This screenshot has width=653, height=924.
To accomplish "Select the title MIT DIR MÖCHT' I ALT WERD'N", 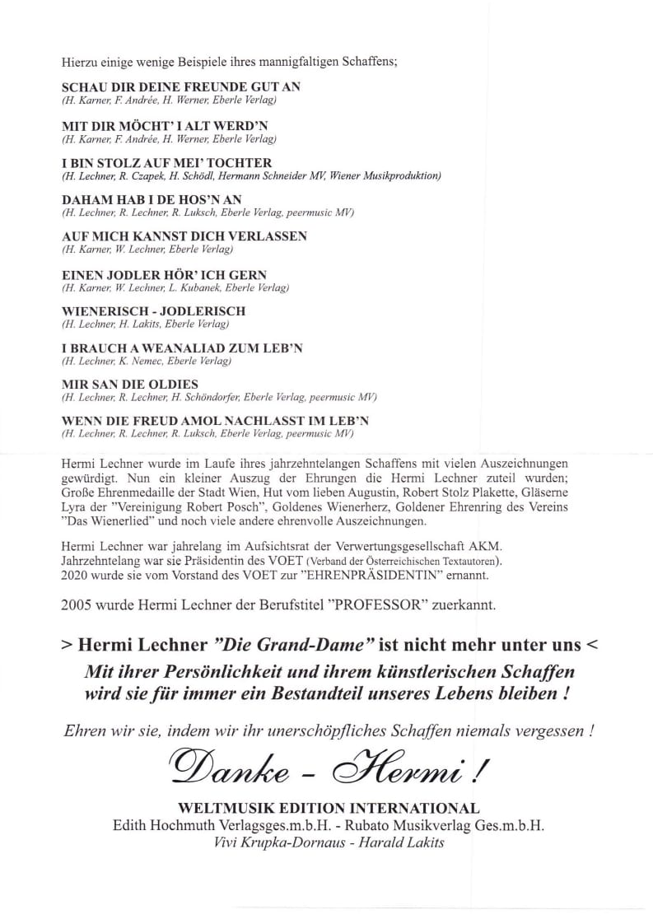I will [x=165, y=125].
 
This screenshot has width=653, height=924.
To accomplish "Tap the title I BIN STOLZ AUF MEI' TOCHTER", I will [x=167, y=163].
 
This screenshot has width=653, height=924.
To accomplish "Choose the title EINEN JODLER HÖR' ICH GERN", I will [x=165, y=274].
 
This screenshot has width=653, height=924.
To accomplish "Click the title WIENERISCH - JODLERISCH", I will [x=154, y=311].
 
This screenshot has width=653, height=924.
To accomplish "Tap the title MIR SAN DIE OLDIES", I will [x=130, y=385].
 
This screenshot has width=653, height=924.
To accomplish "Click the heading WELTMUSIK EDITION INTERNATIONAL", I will [x=327, y=808].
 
